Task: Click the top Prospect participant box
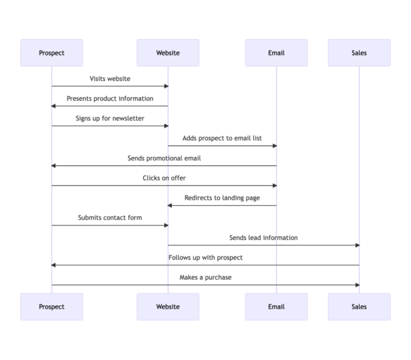[x=51, y=53]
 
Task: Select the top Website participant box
[x=168, y=53]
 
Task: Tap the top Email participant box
[x=276, y=53]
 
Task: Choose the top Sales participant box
[x=359, y=53]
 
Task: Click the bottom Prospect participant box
[x=51, y=307]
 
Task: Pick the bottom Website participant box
[x=168, y=307]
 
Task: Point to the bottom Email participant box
[x=276, y=307]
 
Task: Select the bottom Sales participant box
[x=359, y=307]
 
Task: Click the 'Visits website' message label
[x=110, y=79]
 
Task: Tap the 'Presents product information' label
[x=110, y=99]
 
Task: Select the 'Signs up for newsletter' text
[x=110, y=119]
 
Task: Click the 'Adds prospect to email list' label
[x=222, y=139]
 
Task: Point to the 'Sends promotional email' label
[x=164, y=158]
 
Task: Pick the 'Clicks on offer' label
[x=164, y=178]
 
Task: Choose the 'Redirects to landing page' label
[x=222, y=198]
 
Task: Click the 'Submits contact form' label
[x=110, y=218]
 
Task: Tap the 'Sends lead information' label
[x=264, y=238]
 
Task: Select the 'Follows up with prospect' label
[x=206, y=258]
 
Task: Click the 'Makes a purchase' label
[x=206, y=278]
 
